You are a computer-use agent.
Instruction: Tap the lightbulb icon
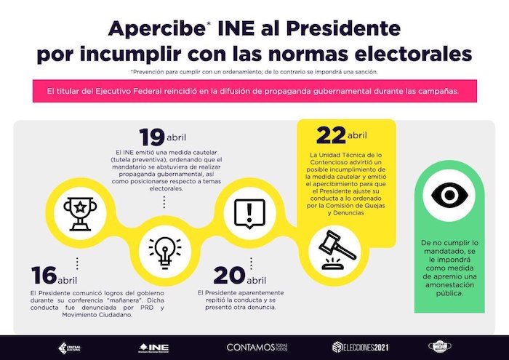(x=164, y=249)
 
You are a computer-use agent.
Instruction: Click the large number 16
(x=44, y=276)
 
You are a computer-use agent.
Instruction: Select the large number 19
(x=151, y=137)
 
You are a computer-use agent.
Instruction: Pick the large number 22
(x=331, y=135)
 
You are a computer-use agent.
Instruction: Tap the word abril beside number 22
(x=357, y=136)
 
